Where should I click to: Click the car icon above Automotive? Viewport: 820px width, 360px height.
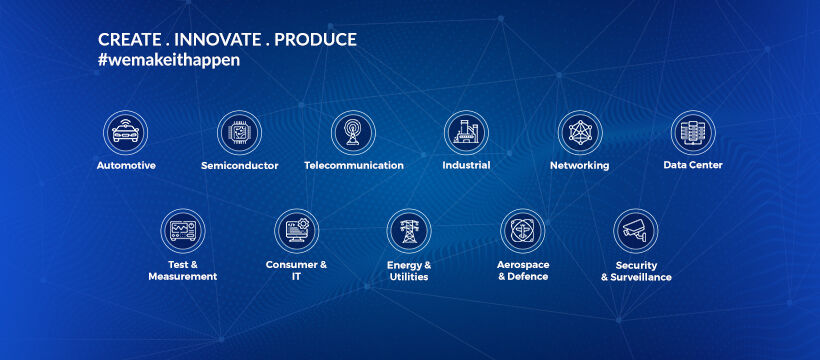click(126, 132)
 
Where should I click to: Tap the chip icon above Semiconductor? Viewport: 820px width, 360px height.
click(240, 132)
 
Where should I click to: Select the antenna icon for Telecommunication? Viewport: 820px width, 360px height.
click(353, 132)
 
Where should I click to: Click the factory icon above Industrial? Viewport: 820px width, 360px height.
click(466, 132)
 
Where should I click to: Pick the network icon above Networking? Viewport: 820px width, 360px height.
click(580, 132)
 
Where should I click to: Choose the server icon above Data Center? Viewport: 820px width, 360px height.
click(693, 132)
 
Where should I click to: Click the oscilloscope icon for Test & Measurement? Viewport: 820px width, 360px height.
click(183, 231)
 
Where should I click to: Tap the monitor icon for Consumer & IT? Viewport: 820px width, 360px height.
click(297, 231)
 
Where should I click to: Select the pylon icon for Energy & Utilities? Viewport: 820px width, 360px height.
click(410, 231)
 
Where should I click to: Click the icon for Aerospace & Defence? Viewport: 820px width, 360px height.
click(523, 231)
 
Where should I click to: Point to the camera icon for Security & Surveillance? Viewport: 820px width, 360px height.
click(636, 231)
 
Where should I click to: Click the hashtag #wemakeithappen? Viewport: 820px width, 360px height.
click(168, 60)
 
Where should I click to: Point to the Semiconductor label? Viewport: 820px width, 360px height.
click(240, 166)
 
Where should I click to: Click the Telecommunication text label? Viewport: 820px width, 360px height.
click(353, 166)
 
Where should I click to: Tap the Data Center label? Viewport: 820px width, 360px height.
click(693, 166)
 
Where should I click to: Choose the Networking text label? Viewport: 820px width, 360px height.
click(580, 166)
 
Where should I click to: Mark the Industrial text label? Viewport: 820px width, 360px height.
click(466, 166)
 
